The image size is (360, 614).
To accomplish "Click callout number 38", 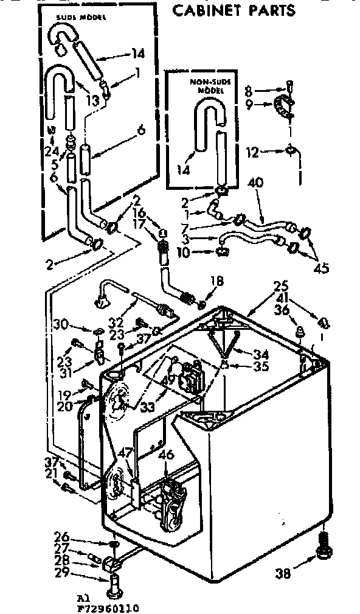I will [283, 571].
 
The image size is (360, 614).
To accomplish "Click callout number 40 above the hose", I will [255, 183].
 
